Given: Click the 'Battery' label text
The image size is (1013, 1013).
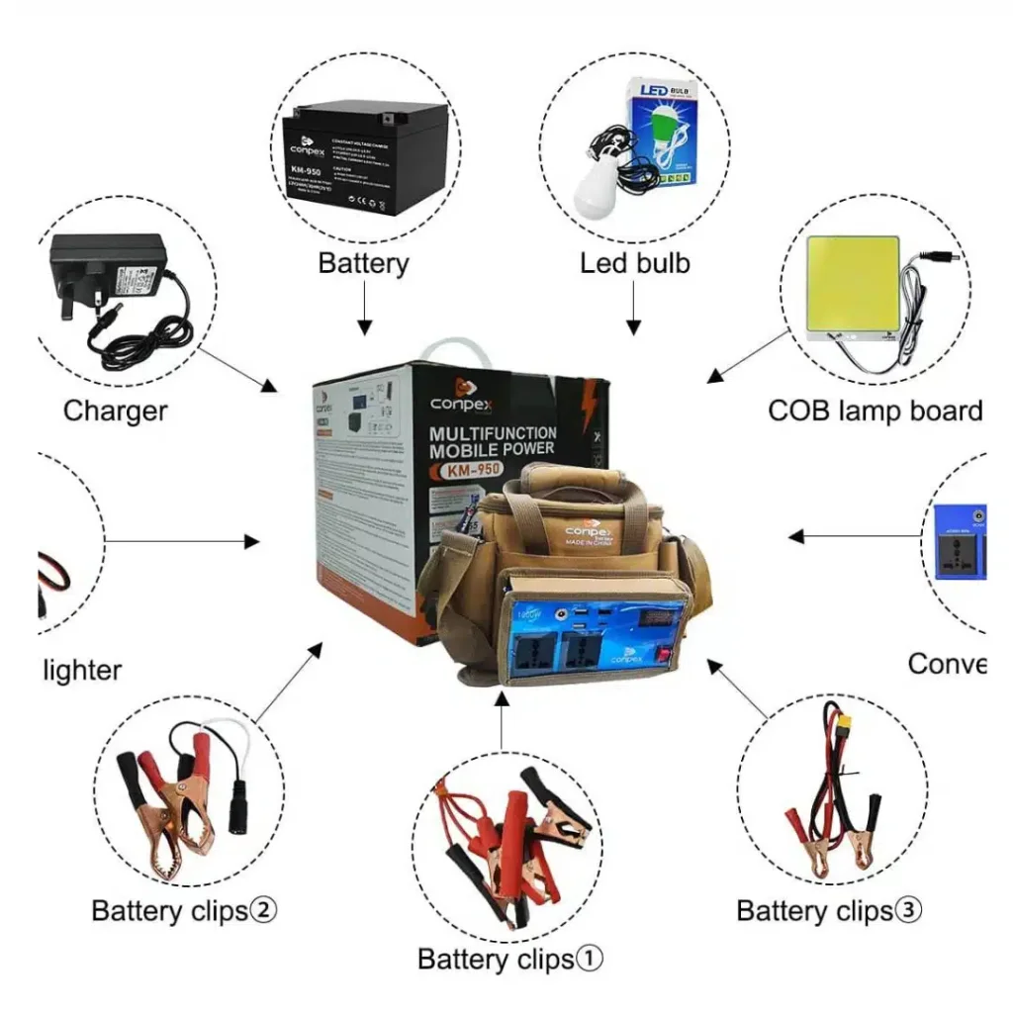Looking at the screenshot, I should (x=363, y=263).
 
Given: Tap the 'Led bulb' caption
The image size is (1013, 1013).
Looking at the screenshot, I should (x=634, y=263).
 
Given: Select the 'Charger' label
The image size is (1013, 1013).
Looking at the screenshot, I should (x=115, y=411).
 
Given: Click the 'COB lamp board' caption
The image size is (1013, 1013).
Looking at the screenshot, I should (x=875, y=411).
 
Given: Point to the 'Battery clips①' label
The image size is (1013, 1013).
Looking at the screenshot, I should (x=509, y=959).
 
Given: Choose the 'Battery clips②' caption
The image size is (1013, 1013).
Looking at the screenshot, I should (x=184, y=910).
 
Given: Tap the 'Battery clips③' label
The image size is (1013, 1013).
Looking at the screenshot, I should (x=829, y=910).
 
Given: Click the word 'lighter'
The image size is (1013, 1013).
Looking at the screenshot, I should (x=83, y=670).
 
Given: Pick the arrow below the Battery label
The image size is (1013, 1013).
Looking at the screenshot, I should (x=363, y=309).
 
